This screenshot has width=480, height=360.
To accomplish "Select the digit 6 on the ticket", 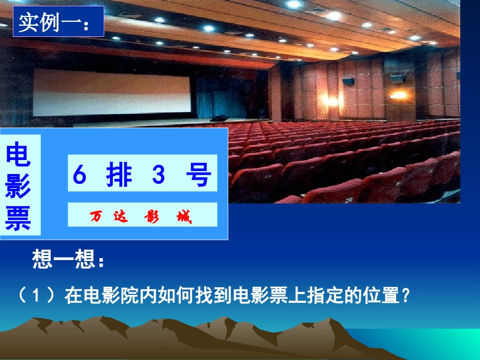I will (x=80, y=175).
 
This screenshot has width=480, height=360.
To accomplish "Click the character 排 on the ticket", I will (x=119, y=175).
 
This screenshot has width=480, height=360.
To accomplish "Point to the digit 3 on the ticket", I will (x=158, y=175).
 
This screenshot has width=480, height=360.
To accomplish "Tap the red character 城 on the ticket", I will (x=184, y=217).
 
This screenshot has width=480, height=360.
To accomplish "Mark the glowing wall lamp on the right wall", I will (x=399, y=94).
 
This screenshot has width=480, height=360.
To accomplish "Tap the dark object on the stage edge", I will (x=218, y=118).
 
